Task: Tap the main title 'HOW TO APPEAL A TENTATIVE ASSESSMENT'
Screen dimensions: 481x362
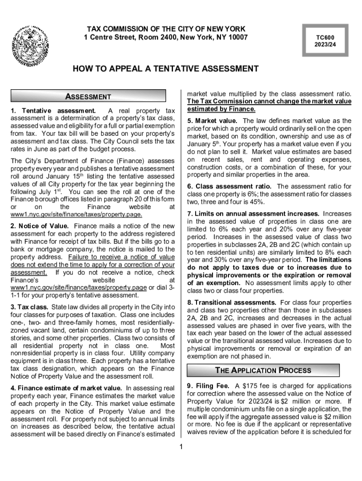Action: [x=165, y=69]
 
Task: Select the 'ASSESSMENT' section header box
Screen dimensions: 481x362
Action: [x=88, y=97]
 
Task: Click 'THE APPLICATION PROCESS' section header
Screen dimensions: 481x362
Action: [x=269, y=370]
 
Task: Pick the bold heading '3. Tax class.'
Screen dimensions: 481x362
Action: [x=29, y=307]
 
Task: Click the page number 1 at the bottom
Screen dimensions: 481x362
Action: [x=181, y=446]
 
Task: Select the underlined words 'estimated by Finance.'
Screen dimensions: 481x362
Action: [x=221, y=109]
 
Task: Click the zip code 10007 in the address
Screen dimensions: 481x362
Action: [x=237, y=37]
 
